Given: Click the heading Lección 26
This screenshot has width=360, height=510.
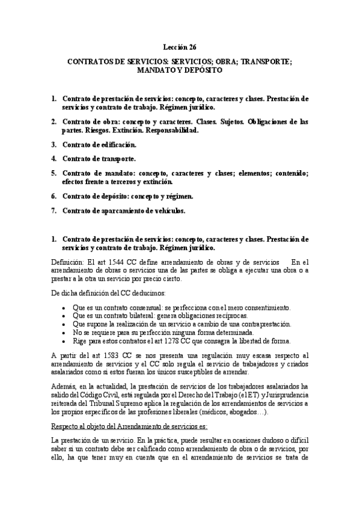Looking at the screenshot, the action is pyautogui.click(x=180, y=46).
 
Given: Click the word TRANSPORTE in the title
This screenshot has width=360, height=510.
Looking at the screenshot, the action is pyautogui.click(x=264, y=61).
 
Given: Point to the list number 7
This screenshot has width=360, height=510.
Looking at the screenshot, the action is pyautogui.click(x=53, y=210).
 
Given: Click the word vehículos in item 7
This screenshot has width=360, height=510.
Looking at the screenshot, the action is pyautogui.click(x=168, y=210).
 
